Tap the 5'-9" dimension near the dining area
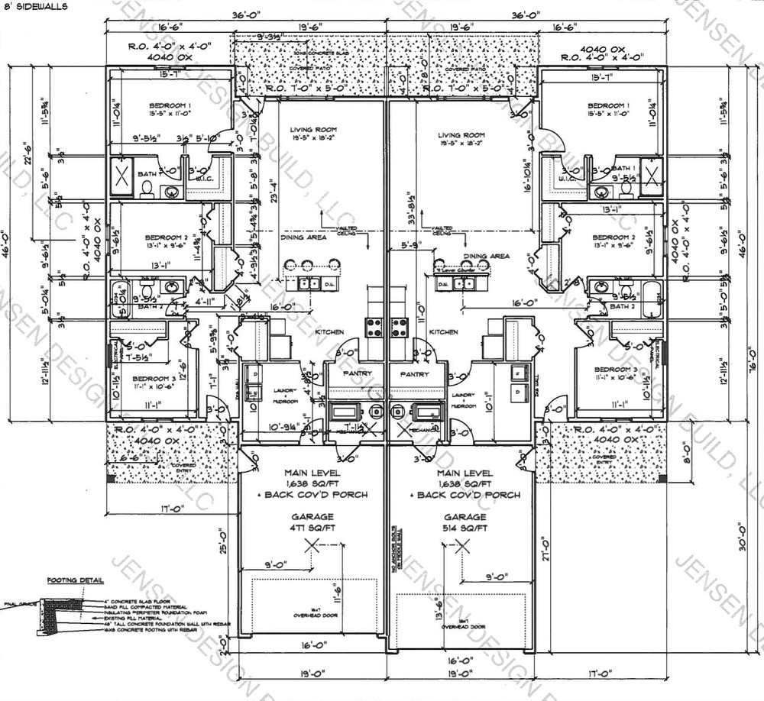pyautogui.click(x=412, y=246)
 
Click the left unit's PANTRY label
pyautogui.click(x=356, y=373)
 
